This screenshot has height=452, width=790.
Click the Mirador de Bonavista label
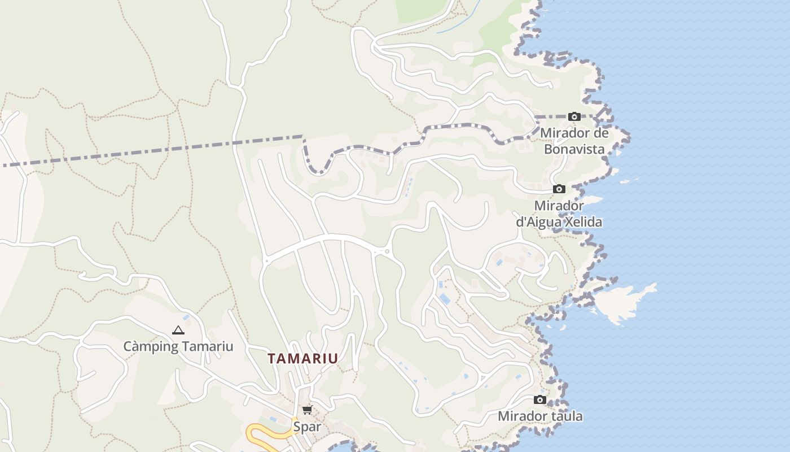click(x=574, y=141)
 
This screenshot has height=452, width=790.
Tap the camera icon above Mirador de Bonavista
click(x=574, y=117)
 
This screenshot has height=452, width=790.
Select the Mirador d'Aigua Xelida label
click(x=559, y=214)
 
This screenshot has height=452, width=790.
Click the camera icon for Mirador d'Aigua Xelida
click(x=559, y=189)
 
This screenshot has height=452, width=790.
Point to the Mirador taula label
click(x=540, y=416)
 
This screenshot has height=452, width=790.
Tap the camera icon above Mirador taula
click(x=540, y=400)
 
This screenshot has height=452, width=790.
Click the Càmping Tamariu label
click(x=178, y=346)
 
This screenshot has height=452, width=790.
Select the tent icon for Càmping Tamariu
click(x=178, y=330)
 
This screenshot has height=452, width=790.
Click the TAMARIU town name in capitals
click(x=303, y=358)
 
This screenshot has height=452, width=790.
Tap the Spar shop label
click(x=307, y=427)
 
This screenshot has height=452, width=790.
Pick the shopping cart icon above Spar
click(x=307, y=410)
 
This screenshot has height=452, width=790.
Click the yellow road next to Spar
click(x=265, y=433)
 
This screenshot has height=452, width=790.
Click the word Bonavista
click(x=574, y=149)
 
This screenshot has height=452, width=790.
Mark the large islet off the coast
click(x=624, y=302)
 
